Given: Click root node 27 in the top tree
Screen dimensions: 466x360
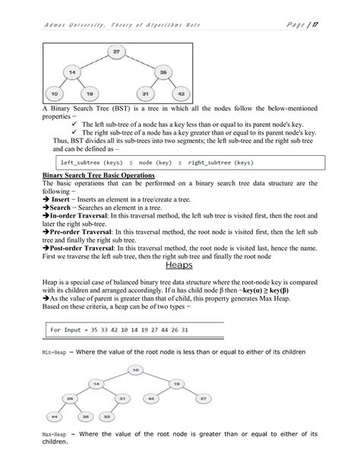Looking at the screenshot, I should click(x=115, y=51).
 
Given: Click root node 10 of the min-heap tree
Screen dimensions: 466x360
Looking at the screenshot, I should click(x=135, y=369).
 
